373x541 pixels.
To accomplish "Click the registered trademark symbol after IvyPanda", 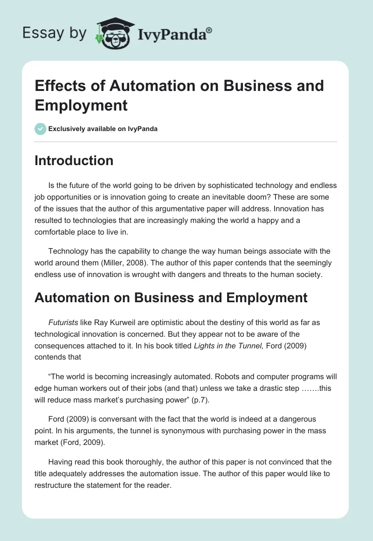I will pyautogui.click(x=209, y=30).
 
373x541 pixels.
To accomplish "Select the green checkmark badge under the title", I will pyautogui.click(x=41, y=129).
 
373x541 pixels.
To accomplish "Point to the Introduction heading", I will pyautogui.click(x=74, y=160).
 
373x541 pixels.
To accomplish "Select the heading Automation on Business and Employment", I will pyautogui.click(x=171, y=298).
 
